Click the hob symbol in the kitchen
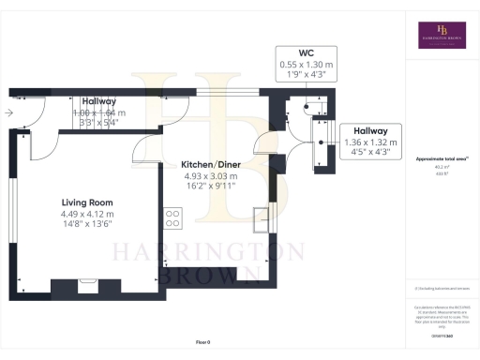[x=173, y=217]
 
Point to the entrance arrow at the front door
[x=8, y=112]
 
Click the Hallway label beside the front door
[x=98, y=101]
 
